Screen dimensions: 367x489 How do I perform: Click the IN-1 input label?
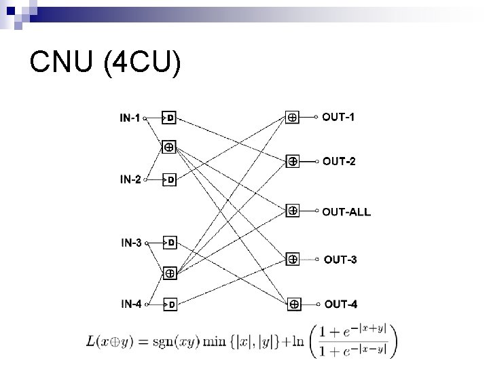130,118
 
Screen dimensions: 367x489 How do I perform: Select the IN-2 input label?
130,180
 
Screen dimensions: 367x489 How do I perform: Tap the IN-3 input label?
131,242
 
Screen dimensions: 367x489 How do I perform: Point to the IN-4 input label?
131,304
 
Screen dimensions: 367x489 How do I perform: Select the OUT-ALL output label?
346,211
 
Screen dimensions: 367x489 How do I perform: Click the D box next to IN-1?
170,118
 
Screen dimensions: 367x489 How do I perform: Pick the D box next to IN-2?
170,180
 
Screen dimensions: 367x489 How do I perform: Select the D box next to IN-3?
170,242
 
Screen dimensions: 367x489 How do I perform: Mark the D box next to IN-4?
170,304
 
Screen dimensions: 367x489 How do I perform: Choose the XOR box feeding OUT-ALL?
292,211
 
